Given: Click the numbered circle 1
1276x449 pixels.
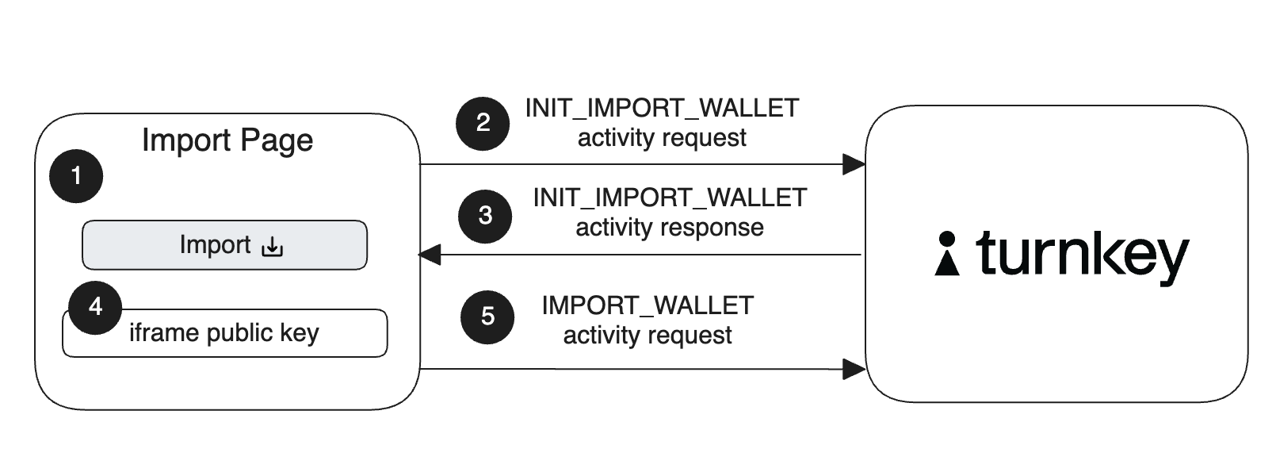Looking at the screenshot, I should coord(76,175).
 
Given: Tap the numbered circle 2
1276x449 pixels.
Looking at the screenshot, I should coord(483,123).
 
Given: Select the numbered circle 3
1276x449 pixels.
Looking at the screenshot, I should coord(485,215).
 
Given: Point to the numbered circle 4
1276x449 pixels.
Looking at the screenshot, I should coord(95,307).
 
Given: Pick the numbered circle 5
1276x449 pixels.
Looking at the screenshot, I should coord(487,317).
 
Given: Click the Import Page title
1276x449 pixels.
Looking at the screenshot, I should coord(227,140).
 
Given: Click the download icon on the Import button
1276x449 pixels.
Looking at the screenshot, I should coord(272,247).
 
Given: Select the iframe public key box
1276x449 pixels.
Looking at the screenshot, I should coord(224,333).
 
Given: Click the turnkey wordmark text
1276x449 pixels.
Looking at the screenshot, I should coord(1082,255).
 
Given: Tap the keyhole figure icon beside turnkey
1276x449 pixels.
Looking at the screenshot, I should coord(946,254).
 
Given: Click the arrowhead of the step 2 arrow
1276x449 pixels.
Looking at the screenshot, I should coord(854,164).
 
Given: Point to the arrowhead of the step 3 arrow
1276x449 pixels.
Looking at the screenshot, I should coord(430,255).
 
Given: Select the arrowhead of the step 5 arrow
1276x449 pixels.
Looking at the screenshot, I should coord(854,369).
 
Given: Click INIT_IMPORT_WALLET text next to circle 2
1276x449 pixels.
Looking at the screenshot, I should coord(662,108).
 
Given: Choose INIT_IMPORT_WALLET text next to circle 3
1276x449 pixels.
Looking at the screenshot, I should coord(670,198).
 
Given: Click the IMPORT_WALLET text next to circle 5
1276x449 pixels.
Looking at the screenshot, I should coord(648,305).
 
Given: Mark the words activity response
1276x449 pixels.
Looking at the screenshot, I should coord(670,228).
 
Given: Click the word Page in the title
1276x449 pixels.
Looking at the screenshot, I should coord(277,141).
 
